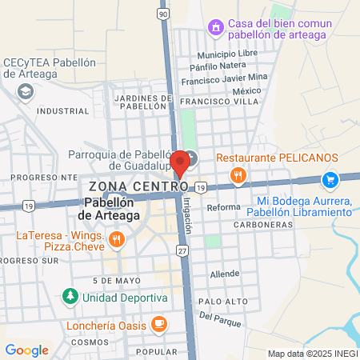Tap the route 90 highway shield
click(163, 14)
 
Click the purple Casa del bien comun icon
click(215, 29)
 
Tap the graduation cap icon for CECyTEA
click(26, 93)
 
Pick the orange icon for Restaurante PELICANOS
click(237, 175)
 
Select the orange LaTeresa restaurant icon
click(117, 238)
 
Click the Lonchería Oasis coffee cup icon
click(159, 324)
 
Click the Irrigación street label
click(189, 216)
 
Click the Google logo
click(26, 350)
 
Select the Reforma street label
click(223, 207)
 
